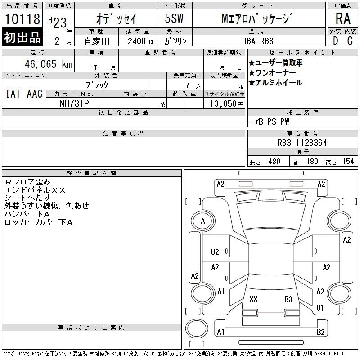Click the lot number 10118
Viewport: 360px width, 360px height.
(22, 18)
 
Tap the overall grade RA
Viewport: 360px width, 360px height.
(343, 18)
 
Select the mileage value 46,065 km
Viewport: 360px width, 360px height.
(49, 64)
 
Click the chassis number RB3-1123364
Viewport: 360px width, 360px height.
(302, 143)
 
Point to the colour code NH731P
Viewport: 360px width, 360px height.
(74, 103)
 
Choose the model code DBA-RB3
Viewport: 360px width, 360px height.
(258, 41)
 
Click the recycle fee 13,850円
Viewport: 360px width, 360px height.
(227, 104)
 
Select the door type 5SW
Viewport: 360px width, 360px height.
(174, 18)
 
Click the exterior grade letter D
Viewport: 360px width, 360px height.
(335, 41)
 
